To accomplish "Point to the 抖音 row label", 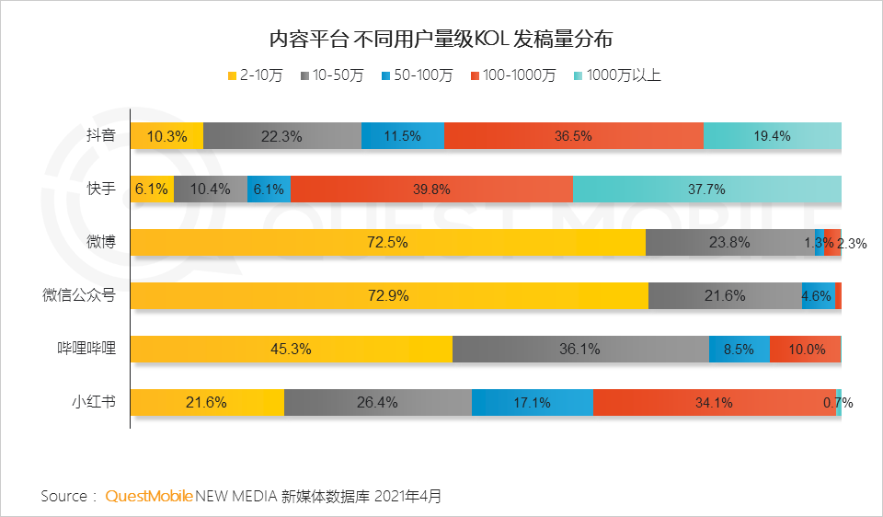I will pos(100,136).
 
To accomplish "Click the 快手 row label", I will pos(100,190).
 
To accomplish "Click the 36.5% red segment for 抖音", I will pos(573,136).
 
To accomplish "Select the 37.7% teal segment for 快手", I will pos(706,190).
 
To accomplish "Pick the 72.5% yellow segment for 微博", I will pos(387,243).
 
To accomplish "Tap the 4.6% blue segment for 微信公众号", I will pos(818,295).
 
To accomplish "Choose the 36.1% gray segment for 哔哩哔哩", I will pos(580,349).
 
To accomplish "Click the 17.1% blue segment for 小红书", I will pos(533,402).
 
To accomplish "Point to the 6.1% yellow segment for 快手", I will pos(151,190).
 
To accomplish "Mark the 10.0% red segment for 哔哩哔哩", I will pos(804,349).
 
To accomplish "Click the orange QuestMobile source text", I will pos(149,496).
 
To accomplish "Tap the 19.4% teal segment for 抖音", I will pos(772,136).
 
